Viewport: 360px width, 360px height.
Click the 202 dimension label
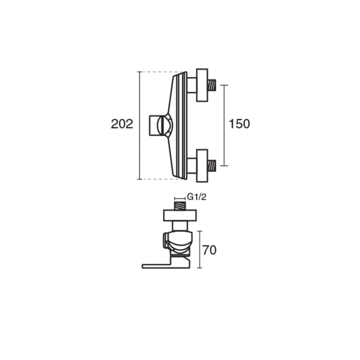point(122,124)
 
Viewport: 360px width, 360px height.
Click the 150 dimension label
point(239,124)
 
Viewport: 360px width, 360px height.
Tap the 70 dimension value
point(209,250)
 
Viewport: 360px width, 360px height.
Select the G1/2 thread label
point(197,197)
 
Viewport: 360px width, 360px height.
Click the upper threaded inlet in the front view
point(211,85)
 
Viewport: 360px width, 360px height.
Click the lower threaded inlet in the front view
point(211,166)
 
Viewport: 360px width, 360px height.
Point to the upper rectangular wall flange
point(202,85)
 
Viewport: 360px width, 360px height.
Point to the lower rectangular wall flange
point(202,166)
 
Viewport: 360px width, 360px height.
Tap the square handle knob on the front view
point(154,126)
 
